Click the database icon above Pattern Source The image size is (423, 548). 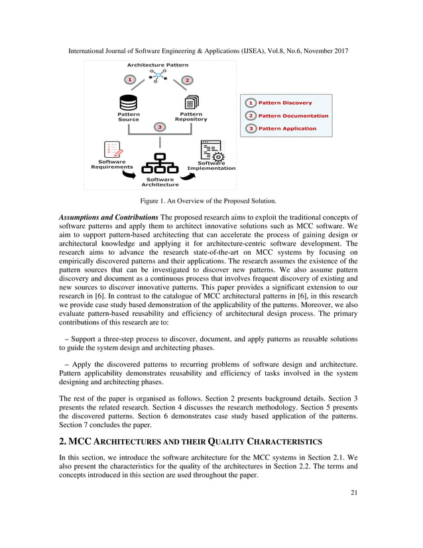coord(128,102)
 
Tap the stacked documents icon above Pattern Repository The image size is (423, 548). coord(191,102)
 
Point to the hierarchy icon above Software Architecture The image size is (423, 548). coord(160,165)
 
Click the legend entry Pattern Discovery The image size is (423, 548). coord(284,103)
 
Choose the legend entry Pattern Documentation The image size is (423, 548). coord(293,115)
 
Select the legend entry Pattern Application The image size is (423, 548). coord(287,128)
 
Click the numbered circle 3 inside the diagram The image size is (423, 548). coord(159,126)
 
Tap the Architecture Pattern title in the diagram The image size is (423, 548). coord(158,65)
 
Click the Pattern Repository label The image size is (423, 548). coord(191,116)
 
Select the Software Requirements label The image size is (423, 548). coord(112,164)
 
